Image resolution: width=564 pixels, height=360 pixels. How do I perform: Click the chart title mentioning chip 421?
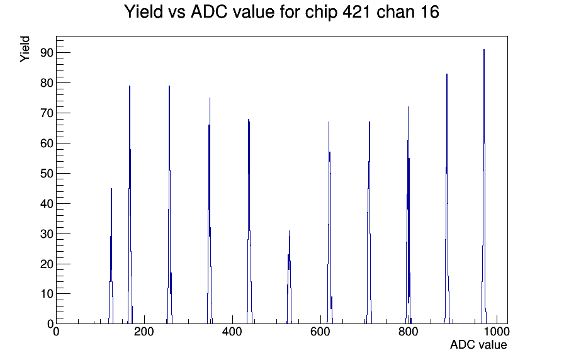coord(281,12)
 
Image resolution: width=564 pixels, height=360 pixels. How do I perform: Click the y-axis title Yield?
coord(25,49)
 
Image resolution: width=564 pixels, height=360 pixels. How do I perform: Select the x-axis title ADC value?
coord(478,344)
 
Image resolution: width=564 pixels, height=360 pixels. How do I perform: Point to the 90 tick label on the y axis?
coord(47,53)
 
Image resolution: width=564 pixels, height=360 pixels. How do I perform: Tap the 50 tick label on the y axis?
coord(47,173)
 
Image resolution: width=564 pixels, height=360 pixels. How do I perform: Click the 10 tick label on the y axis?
coord(47,294)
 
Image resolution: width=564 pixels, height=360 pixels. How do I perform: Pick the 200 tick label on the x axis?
coord(144,331)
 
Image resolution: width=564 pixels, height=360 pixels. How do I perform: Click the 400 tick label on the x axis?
coord(232,331)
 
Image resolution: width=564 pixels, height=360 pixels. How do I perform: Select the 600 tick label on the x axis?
coord(320,331)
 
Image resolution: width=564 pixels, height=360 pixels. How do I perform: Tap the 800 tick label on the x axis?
coord(409,331)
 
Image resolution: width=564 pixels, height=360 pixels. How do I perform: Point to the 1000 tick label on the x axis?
coord(497,331)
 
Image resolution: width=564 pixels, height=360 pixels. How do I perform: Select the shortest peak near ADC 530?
coord(289,277)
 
